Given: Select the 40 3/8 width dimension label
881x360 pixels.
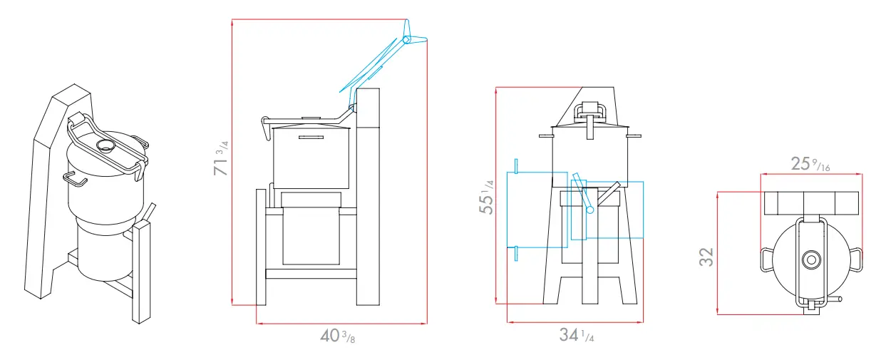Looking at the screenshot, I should click(x=338, y=336).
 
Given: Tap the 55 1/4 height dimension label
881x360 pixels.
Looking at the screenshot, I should click(x=487, y=197).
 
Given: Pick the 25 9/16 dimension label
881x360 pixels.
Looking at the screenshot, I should click(x=811, y=164).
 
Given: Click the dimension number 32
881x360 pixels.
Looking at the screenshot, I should click(x=706, y=257).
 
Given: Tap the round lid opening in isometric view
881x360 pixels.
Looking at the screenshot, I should click(x=105, y=146).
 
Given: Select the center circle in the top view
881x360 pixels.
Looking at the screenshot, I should click(x=810, y=260).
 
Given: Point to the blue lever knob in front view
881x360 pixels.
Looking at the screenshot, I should click(x=590, y=210).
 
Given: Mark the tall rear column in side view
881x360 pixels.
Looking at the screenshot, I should click(x=369, y=192).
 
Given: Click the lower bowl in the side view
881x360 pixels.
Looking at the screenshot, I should click(x=310, y=228).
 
